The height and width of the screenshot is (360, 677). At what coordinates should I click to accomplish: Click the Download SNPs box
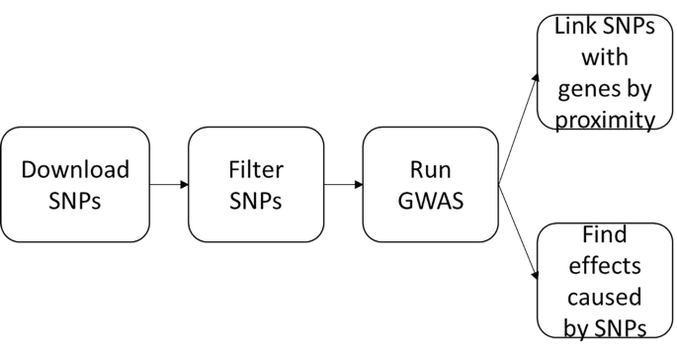75,185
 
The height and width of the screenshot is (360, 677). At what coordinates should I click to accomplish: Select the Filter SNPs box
255,185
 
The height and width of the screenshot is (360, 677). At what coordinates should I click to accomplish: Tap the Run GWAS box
430,185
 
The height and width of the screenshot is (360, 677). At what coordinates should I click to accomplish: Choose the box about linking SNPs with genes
597,72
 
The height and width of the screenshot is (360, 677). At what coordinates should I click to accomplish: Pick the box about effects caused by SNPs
597,282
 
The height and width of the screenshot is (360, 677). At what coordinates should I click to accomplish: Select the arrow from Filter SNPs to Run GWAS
344,185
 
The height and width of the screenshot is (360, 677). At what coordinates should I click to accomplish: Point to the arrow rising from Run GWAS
519,129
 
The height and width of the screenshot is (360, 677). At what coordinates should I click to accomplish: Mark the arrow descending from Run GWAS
519,233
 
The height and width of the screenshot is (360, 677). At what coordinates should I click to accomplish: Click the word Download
75,169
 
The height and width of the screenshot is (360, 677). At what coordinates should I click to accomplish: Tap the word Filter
255,169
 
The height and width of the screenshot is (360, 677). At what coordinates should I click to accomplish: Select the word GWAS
430,201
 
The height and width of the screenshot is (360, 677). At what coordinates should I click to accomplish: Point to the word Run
430,169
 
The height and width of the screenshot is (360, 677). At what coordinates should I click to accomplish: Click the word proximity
597,121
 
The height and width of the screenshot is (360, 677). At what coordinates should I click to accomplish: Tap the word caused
597,296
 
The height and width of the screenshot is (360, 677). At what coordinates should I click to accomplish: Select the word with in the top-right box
597,59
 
